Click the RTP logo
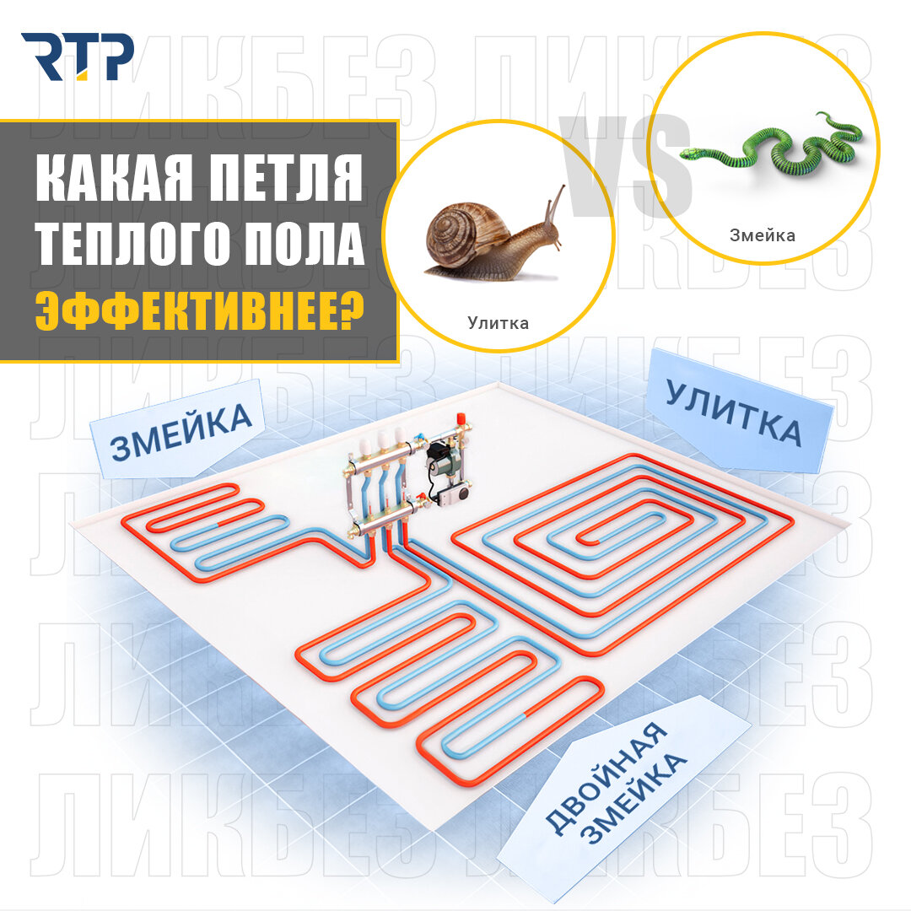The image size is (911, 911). coord(78,57)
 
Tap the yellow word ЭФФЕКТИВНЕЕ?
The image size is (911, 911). coord(200,310)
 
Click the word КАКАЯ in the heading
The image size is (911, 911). coord(114,178)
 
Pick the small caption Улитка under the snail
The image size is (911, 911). coord(498,323)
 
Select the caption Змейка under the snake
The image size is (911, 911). coord(763,235)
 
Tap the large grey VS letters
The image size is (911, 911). coord(625,166)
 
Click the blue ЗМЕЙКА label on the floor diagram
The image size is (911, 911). coord(181,431)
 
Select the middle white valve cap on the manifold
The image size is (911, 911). coord(383,439)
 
